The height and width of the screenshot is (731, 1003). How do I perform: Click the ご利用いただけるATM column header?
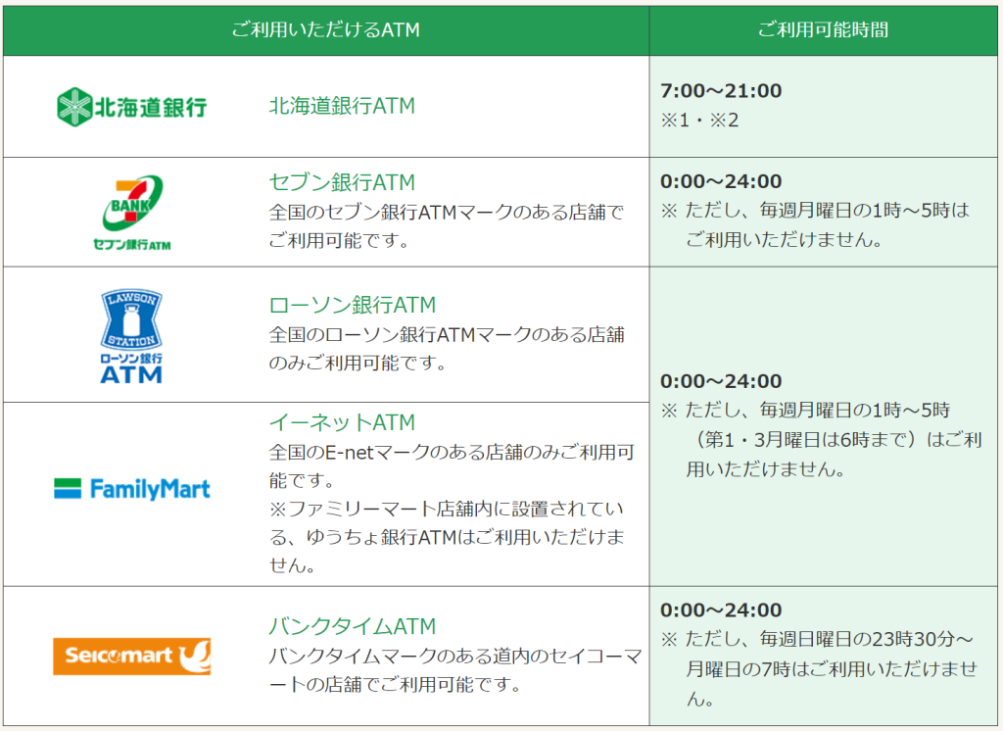pos(325,29)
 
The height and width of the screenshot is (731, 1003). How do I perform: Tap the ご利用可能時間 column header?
pos(823,29)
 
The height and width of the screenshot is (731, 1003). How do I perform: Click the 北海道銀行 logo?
pos(132,107)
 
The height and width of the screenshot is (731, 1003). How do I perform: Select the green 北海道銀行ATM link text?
pos(342,106)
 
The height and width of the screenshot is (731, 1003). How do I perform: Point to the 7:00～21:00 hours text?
pos(721,91)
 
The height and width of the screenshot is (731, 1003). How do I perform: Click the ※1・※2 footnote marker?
pos(699,121)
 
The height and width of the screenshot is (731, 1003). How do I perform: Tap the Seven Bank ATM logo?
pos(132,213)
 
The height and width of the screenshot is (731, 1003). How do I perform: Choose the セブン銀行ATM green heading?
pos(342,182)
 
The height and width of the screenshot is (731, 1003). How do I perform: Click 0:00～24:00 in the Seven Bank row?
pos(721,182)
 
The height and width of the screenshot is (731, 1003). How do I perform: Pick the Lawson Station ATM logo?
pos(131,335)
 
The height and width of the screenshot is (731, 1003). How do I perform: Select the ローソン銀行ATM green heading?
pos(352,305)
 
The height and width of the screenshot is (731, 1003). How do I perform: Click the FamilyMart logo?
pos(132,489)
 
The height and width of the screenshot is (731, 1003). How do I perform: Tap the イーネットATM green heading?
pos(342,422)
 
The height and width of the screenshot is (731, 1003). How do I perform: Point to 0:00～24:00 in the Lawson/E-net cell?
pos(721,381)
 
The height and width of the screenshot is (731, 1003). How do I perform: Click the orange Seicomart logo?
pos(132,657)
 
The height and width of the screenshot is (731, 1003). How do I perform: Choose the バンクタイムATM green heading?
pos(352,626)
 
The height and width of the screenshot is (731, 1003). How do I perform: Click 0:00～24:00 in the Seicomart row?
pos(721,610)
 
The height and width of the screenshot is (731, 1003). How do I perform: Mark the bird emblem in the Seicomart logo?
pos(194,657)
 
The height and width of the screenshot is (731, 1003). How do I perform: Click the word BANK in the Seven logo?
pos(130,206)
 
